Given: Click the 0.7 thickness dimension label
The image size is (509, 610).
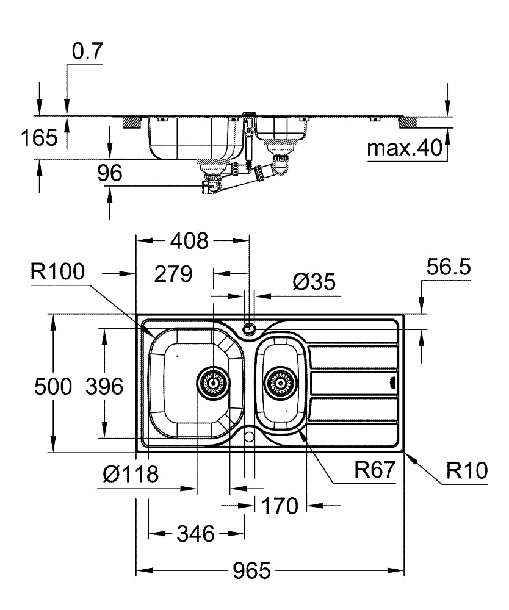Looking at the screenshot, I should tap(87, 53).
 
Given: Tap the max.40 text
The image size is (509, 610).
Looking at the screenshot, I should tap(404, 149).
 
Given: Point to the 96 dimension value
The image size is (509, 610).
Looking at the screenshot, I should tap(110, 173).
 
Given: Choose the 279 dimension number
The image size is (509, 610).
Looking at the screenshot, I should tap(173, 274).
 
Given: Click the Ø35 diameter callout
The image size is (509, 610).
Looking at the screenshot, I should tap(314, 281).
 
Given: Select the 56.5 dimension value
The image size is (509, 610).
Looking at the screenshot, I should tap(449, 268).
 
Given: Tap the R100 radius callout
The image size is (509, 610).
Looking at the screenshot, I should tap(60, 271).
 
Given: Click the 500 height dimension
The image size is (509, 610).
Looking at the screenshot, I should tap(53, 386).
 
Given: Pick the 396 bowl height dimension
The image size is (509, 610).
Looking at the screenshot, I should tap(104, 386).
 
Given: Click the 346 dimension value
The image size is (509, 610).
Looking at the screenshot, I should tap(195, 534).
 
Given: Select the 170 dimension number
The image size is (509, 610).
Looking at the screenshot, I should tap(280, 506).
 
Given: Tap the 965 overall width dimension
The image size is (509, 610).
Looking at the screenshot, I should tap(251, 572).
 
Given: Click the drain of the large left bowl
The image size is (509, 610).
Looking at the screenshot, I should tap(213, 382).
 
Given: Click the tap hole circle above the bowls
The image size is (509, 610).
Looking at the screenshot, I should tap(249, 329).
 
